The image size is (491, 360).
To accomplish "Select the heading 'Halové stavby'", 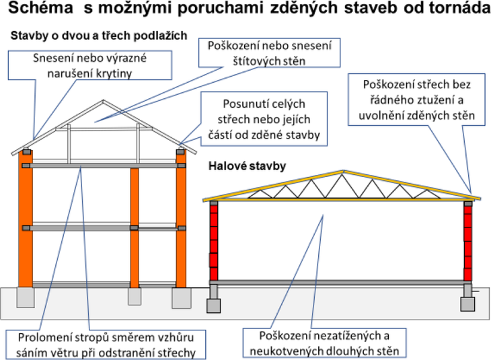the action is [x=247, y=166].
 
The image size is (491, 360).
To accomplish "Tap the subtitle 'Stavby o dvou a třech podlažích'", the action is [x=99, y=36].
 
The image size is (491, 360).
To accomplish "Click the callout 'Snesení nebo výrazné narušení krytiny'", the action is [x=90, y=65].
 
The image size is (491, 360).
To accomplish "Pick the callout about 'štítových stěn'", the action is [x=269, y=53].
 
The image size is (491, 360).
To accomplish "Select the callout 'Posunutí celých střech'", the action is [x=264, y=119].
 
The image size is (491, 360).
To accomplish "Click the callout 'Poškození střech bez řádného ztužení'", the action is [x=416, y=100].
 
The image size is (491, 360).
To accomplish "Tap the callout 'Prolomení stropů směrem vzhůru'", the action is [x=106, y=345].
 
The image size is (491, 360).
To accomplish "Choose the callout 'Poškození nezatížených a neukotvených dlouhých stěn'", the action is [x=324, y=343].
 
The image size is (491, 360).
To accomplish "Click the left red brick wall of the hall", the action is [x=214, y=242].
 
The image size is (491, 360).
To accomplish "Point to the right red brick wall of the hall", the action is [x=468, y=243].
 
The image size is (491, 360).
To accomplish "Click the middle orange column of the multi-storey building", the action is [x=135, y=228].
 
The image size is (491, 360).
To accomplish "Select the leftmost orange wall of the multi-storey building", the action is [x=26, y=219].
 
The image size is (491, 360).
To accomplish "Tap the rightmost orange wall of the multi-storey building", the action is [x=181, y=219].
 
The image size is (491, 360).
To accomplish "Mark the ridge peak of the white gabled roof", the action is [x=104, y=100].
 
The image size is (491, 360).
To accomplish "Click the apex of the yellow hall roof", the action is [x=344, y=171].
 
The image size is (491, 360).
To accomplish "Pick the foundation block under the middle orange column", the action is [x=135, y=296].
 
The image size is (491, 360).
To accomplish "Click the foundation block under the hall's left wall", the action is [x=214, y=305].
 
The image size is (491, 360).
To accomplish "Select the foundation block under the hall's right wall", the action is [x=467, y=304].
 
